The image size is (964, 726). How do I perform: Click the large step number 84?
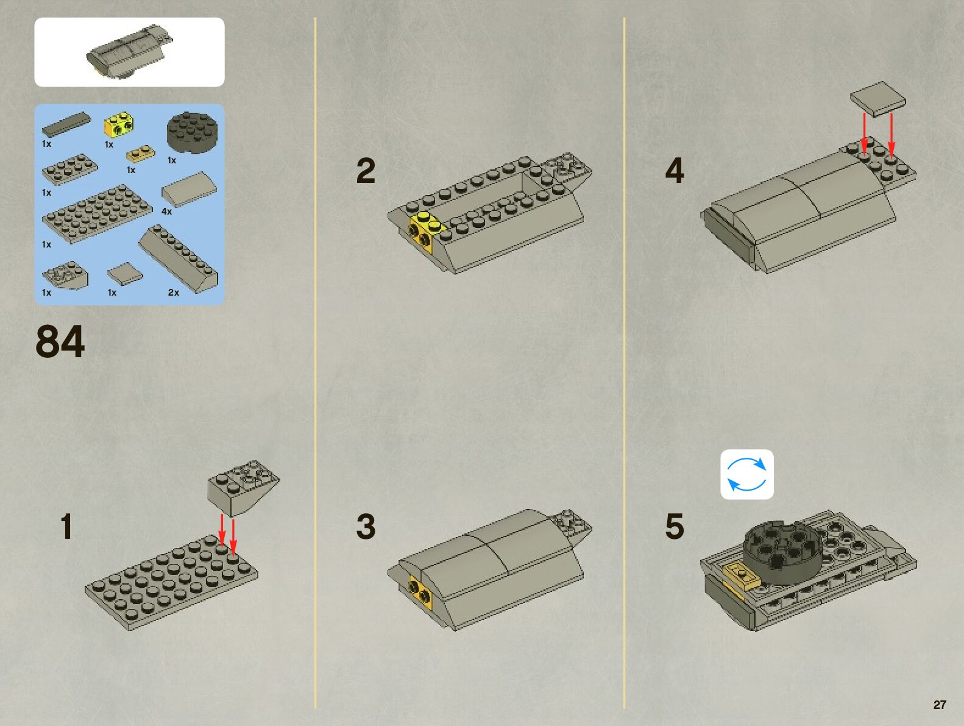point(60,341)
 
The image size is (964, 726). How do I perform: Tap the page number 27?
point(940,705)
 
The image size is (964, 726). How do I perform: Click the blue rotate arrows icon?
point(746,474)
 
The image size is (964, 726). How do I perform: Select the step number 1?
point(66,527)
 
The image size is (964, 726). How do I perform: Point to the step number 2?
point(366,171)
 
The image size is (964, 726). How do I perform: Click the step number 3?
point(366,527)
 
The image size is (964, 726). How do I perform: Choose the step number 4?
point(674,171)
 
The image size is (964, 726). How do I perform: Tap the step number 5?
point(674,527)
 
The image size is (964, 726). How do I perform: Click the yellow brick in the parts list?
point(119,124)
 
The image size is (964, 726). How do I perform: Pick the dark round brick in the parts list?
point(191,132)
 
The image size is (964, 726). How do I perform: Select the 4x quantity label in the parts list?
point(166,212)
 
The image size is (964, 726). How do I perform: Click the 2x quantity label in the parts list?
point(174,293)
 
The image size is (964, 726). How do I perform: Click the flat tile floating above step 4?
point(877,99)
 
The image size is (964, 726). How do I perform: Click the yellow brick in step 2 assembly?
point(426,230)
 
